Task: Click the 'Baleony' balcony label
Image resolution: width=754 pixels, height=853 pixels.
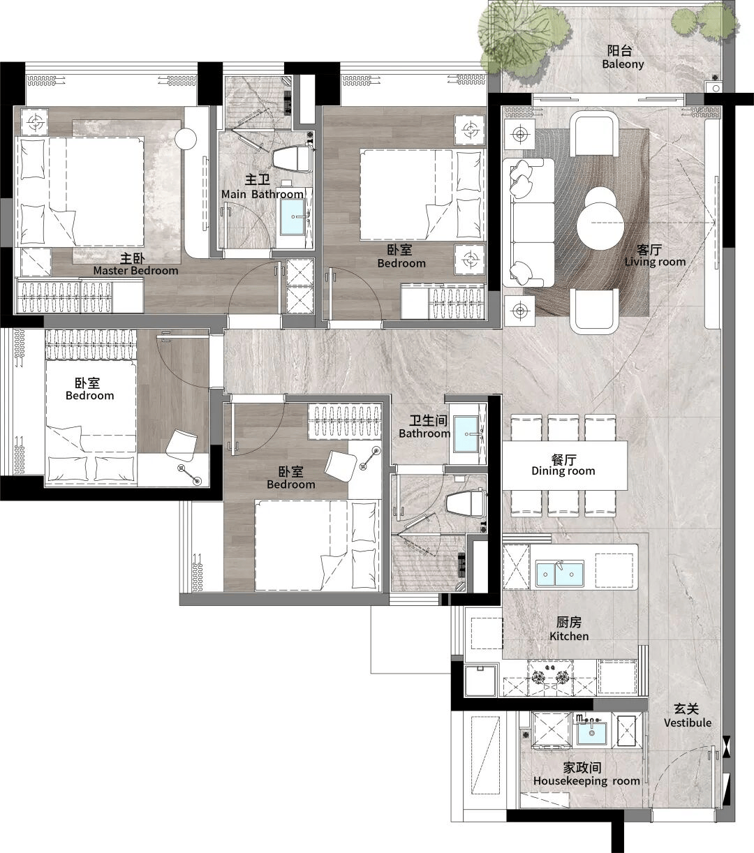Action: tap(623, 64)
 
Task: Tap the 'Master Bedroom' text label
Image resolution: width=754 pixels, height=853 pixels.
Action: tap(135, 270)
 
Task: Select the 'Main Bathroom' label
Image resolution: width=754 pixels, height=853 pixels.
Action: tap(262, 194)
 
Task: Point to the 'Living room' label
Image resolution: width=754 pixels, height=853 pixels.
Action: tap(655, 262)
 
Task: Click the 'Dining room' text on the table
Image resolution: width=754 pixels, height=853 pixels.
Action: tap(563, 470)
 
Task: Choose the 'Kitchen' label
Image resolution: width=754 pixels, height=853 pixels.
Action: tap(569, 636)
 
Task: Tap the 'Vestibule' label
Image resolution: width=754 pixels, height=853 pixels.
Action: tap(688, 722)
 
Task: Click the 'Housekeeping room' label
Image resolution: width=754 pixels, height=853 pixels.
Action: tap(586, 780)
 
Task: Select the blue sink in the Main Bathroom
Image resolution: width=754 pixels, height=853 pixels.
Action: tap(293, 217)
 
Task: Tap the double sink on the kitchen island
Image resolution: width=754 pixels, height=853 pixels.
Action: tap(559, 574)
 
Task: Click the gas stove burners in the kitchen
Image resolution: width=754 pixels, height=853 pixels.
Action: tap(551, 677)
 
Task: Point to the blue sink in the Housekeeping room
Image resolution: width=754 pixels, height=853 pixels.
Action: tap(591, 733)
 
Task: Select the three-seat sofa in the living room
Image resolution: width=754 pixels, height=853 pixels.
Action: tap(528, 223)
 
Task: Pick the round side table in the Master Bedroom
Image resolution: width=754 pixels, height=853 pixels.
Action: tap(186, 138)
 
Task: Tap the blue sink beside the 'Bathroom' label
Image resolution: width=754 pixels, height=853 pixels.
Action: tap(466, 433)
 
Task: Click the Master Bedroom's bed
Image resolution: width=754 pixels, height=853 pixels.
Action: tap(80, 191)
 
